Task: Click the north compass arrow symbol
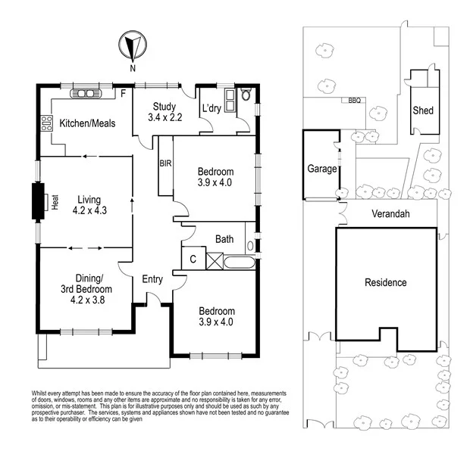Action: (132, 47)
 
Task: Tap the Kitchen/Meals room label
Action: (88, 123)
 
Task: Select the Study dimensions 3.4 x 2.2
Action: (164, 118)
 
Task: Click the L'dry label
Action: (211, 109)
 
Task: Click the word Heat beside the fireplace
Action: (55, 201)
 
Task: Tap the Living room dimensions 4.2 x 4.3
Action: (89, 211)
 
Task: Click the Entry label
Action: (153, 279)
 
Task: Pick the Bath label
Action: (224, 240)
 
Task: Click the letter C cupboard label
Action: (193, 260)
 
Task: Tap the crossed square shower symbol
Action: (215, 261)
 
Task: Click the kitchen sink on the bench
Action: (86, 94)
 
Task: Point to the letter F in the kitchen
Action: (123, 95)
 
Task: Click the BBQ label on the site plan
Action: (354, 100)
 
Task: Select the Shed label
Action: (423, 110)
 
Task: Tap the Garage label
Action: (321, 169)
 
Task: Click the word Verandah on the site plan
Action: (390, 214)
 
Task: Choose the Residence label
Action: (386, 282)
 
